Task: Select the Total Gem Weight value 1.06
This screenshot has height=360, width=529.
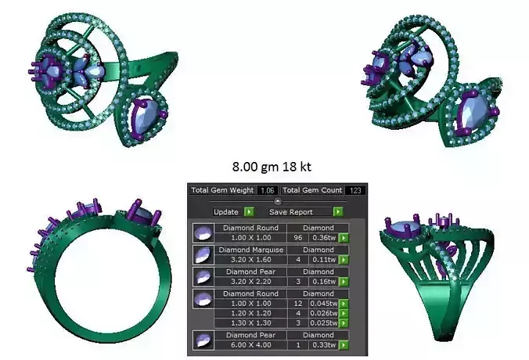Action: pos(268,190)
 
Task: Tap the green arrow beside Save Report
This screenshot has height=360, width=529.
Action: pos(337,212)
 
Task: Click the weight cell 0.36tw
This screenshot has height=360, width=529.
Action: pos(321,237)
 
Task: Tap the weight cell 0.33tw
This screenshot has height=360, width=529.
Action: pos(321,344)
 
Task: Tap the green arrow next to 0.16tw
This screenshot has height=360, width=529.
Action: pos(342,281)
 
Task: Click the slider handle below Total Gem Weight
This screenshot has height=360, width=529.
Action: pos(278,201)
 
